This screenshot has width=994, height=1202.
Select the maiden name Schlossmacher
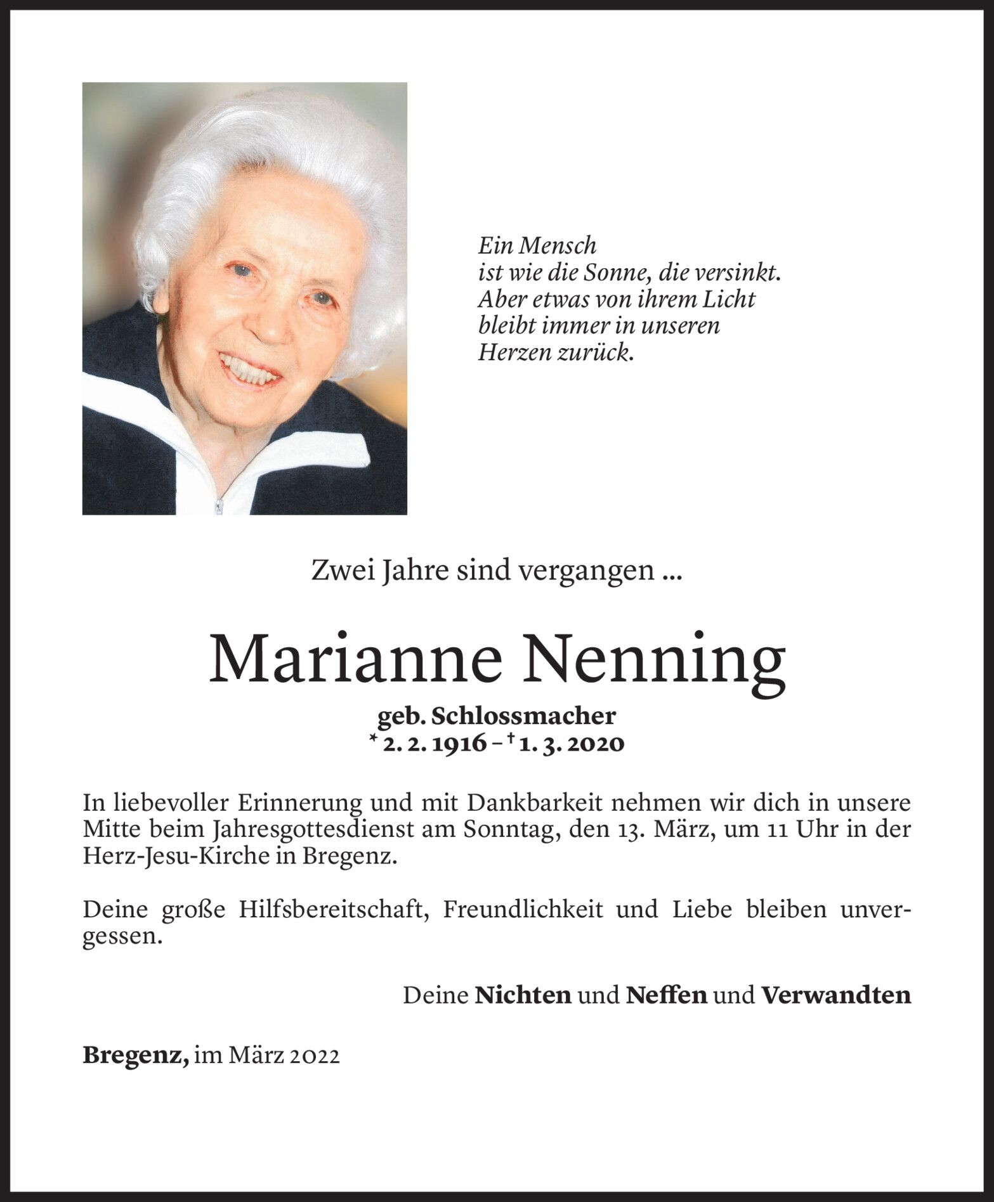524,716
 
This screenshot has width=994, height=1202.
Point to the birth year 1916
461,744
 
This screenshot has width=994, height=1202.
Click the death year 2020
596,744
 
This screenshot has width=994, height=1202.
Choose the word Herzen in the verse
514,352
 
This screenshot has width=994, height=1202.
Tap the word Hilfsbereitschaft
330,910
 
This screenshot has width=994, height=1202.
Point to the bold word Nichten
523,995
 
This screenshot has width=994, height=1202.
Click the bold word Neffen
666,995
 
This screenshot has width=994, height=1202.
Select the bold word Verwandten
835,995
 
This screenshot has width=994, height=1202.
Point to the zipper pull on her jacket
219,505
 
